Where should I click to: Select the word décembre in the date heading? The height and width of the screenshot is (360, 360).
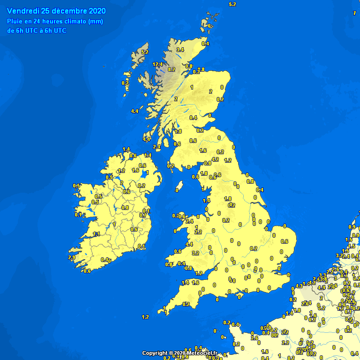70,11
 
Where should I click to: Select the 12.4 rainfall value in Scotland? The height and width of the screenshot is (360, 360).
157,64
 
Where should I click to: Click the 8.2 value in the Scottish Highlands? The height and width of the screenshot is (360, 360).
172,69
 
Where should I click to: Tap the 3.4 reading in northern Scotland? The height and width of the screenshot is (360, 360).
180,50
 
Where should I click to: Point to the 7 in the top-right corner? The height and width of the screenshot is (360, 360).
354,13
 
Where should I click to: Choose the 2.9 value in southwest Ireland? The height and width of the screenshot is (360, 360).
72,257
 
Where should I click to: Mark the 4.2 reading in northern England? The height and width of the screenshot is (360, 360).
216,159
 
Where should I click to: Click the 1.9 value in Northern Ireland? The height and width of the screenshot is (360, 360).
135,170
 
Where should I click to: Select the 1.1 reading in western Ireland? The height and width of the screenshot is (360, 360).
97,234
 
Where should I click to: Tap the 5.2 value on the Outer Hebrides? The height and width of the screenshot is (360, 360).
145,52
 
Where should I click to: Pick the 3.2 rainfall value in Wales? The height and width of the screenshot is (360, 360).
196,253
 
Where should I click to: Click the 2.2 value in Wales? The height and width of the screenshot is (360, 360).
198,232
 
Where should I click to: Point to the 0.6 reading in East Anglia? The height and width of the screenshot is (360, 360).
284,241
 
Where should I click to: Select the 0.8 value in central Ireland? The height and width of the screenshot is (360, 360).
125,208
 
